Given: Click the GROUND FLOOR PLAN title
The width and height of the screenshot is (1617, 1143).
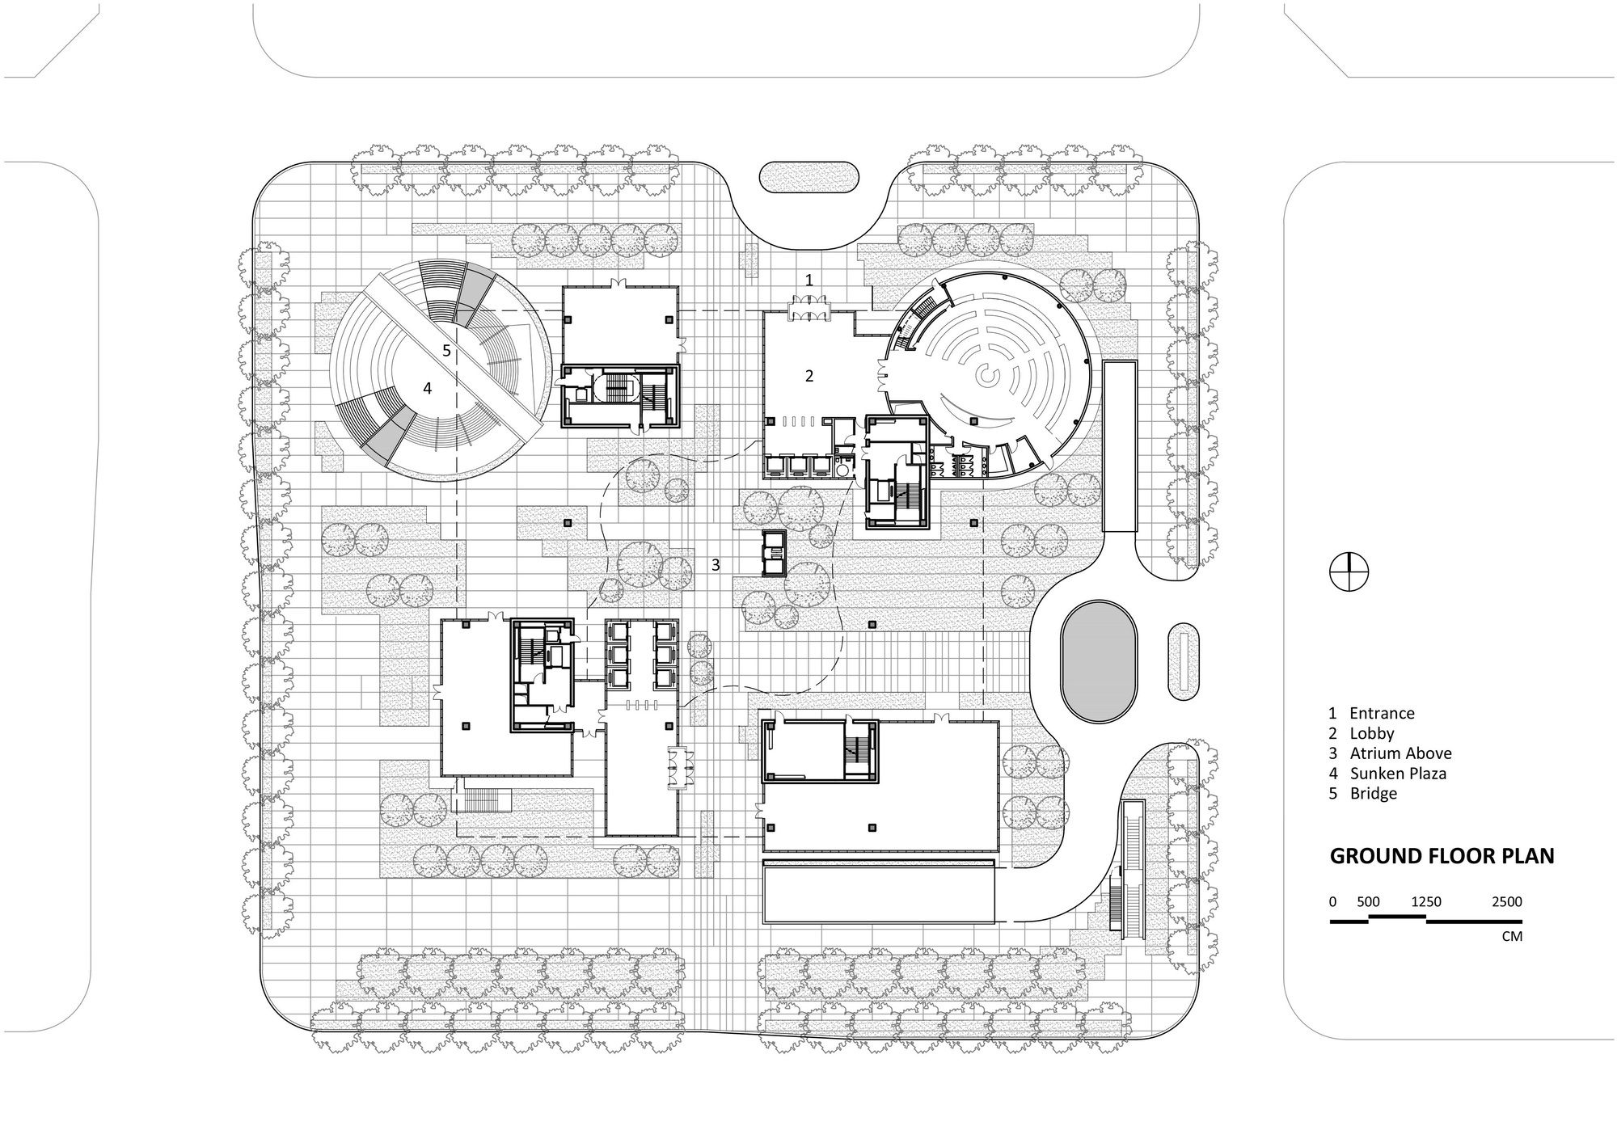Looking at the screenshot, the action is pos(1442,857).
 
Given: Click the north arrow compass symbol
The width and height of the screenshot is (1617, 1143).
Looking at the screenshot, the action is pos(1349,572).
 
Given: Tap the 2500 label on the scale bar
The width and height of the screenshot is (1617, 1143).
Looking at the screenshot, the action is pos(1506,901).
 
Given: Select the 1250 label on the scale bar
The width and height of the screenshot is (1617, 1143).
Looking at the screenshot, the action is pos(1426,901).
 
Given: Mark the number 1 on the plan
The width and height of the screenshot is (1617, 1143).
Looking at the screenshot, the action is pos(809,280).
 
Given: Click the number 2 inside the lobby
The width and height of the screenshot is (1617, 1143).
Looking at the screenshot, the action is pos(808,375).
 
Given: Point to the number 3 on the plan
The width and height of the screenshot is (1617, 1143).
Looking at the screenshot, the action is pos(716,565).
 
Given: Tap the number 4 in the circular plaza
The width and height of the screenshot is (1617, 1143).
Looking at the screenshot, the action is pos(427,389).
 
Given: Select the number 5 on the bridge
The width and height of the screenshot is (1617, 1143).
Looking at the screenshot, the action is pos(446,351).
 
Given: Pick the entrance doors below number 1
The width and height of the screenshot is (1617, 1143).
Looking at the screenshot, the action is pos(808,307).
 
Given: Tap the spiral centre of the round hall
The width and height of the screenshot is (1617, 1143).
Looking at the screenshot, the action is pos(987,375).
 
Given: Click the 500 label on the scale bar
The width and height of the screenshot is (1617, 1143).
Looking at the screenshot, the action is pos(1368,901).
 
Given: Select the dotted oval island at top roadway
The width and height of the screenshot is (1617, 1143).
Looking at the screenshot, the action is pos(809,177).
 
